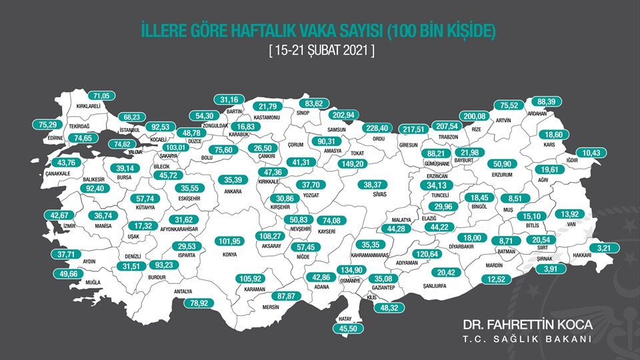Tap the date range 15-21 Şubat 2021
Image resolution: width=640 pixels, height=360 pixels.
tap(319, 50)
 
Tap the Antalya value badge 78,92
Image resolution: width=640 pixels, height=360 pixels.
tap(190, 303)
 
